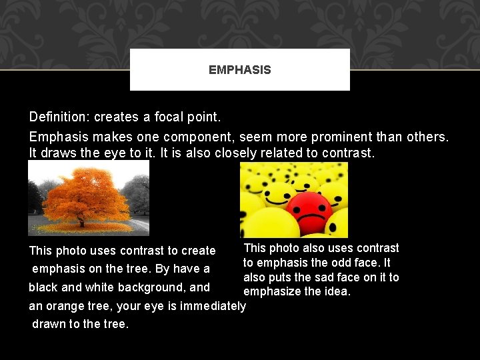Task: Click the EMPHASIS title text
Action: pos(239,70)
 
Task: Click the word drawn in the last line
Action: pos(49,324)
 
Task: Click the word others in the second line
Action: pos(429,137)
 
